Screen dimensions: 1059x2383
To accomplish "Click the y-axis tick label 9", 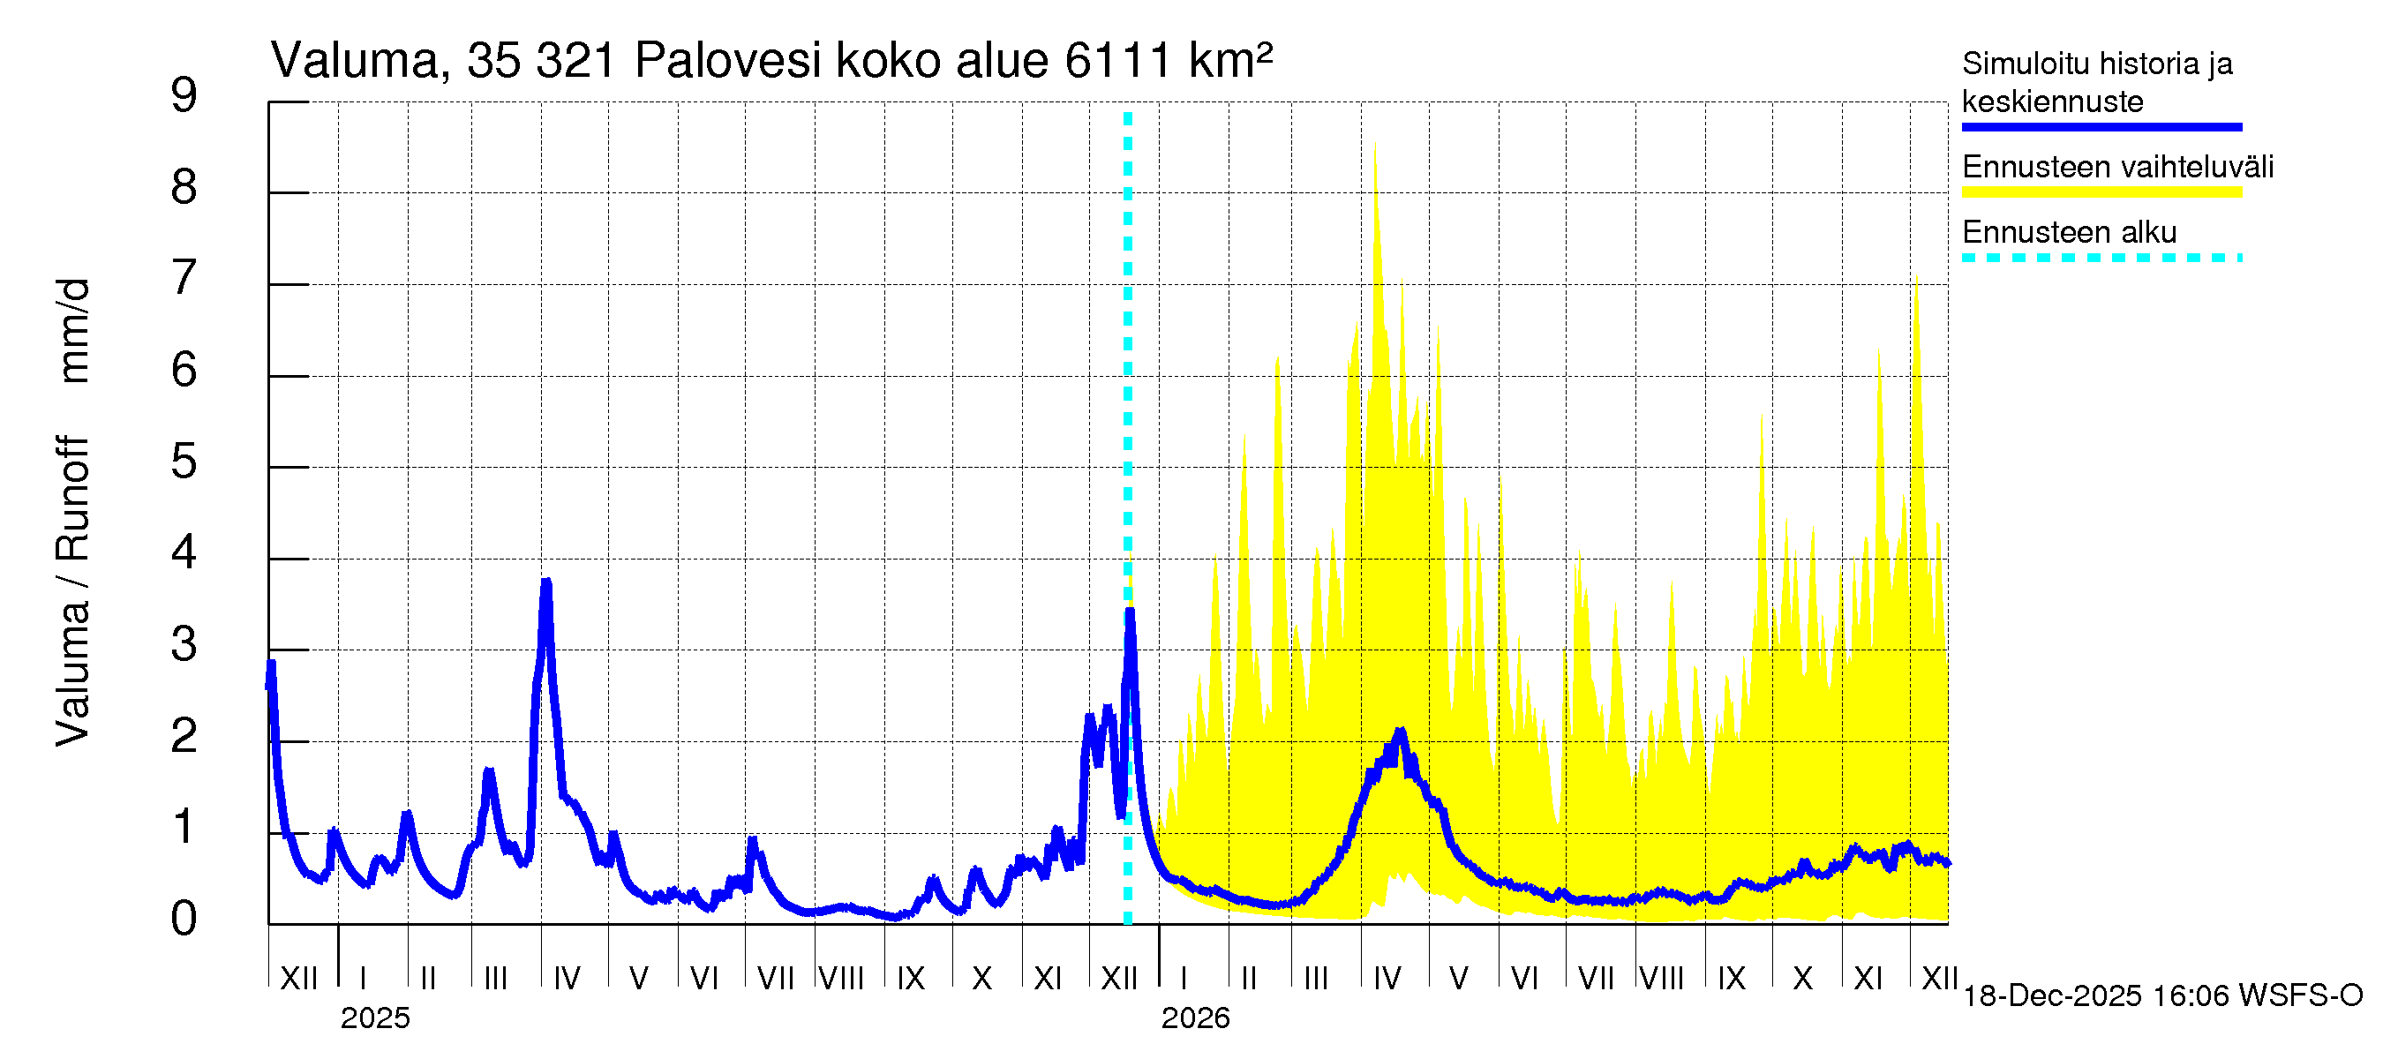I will tap(184, 95).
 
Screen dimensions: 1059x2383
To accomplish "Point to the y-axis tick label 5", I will tap(184, 462).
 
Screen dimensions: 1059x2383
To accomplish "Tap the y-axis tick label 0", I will tap(184, 919).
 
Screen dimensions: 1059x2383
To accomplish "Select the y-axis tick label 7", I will tap(184, 278).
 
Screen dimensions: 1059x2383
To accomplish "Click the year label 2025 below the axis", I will tap(374, 1018).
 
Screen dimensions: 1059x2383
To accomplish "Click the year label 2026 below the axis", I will tap(1195, 1018).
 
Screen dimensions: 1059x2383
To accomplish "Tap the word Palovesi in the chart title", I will tap(728, 61).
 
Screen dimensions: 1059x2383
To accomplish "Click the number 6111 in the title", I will tap(1119, 61).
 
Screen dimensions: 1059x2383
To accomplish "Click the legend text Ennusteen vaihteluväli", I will tap(2117, 168).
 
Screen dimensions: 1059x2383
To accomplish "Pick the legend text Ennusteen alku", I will tap(2070, 232).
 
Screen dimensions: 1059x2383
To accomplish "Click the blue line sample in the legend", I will tap(2101, 127).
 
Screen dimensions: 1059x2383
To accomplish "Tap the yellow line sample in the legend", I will tap(2101, 192).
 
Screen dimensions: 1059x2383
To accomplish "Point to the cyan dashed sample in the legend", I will tap(2101, 258).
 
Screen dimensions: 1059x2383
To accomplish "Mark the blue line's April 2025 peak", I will tap(546, 582).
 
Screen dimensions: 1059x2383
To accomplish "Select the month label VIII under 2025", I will tap(841, 978).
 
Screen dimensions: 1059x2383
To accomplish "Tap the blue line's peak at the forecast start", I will tap(1130, 612).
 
